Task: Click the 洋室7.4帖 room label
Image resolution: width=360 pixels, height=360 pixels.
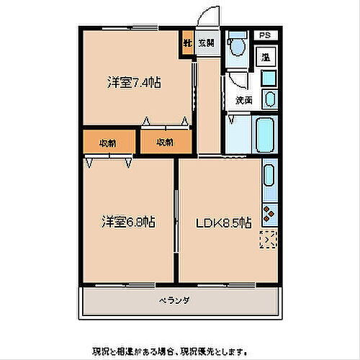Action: click(x=135, y=83)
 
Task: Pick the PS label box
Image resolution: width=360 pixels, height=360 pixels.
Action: click(x=265, y=35)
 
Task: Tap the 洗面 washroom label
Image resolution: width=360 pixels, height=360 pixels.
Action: click(x=243, y=101)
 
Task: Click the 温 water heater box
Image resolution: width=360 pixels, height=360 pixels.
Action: click(x=266, y=57)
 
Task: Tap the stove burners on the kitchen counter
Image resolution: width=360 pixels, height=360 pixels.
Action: click(x=269, y=213)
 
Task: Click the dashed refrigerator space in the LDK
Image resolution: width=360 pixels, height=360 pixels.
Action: click(x=269, y=240)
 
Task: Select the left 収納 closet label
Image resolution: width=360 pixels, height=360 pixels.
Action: click(x=108, y=142)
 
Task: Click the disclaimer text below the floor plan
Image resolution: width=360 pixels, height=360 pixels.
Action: click(x=180, y=351)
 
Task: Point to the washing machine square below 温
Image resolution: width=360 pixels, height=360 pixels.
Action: click(x=268, y=78)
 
